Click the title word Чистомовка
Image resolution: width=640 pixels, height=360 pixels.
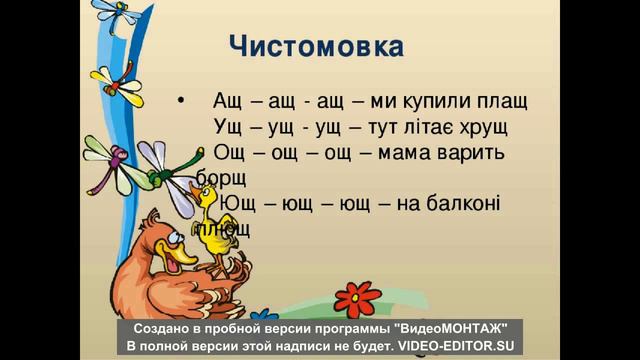[316, 47]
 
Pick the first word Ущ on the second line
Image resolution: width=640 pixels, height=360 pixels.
[229, 128]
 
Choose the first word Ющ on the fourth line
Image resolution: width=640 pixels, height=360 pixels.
[236, 204]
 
